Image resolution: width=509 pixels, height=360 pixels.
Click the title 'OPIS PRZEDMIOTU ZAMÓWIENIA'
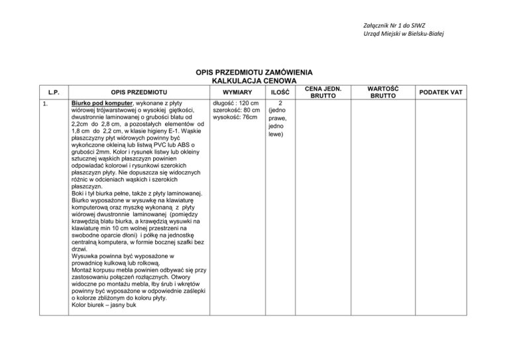254,72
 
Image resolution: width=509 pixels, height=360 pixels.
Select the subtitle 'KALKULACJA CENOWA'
254,80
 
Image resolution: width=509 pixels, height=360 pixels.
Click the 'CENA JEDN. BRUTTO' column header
328,91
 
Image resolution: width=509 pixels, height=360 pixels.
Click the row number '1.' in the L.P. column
44,104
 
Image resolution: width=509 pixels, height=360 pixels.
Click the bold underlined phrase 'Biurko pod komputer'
101,104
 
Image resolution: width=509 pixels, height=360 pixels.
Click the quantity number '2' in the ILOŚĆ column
281,104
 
